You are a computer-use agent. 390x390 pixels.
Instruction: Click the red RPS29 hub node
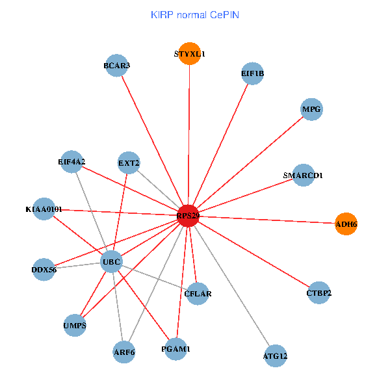point(188,215)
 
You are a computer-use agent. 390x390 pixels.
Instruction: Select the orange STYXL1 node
point(190,54)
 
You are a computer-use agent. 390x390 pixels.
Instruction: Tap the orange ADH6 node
point(346,224)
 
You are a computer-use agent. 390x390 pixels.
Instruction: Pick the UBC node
point(111,263)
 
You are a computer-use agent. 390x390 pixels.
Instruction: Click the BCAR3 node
point(116,65)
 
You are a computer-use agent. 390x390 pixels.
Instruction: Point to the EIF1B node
point(252,73)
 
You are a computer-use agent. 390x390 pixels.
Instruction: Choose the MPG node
point(311,109)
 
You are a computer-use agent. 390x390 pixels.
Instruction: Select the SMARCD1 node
point(303,175)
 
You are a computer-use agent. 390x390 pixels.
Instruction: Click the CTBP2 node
point(318,293)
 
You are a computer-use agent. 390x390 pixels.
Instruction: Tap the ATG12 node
point(276,356)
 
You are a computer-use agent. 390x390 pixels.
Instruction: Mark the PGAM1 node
point(175,349)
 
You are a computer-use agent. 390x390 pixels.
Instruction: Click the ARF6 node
point(123,352)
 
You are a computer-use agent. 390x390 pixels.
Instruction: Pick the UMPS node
point(75,325)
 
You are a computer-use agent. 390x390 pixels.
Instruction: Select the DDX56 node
point(44,269)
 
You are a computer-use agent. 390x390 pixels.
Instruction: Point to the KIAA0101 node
point(44,209)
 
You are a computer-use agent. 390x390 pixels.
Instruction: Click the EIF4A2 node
point(71,161)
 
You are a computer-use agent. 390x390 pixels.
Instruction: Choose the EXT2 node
point(129,162)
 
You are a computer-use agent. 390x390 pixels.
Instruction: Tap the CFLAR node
point(198,294)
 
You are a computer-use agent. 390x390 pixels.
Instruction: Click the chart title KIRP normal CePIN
point(195,14)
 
